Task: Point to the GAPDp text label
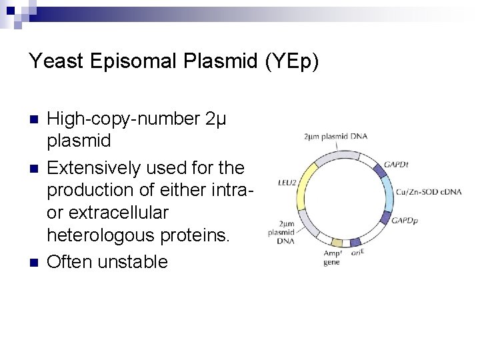click(x=404, y=219)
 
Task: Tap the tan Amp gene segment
click(x=337, y=243)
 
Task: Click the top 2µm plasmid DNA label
click(x=335, y=137)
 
